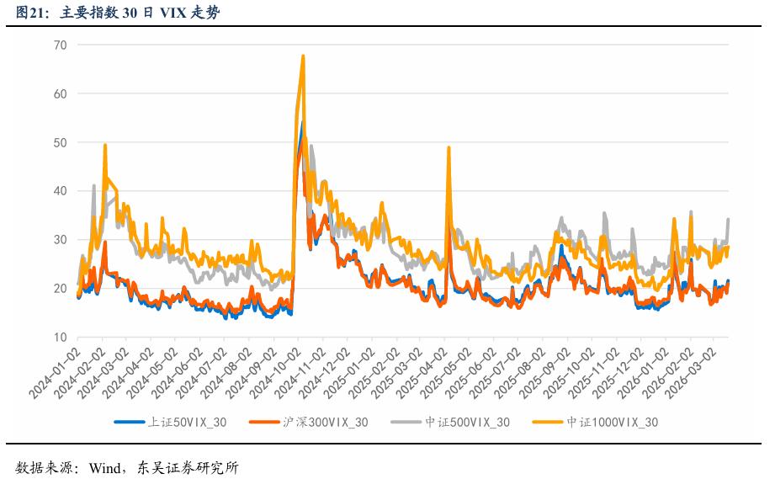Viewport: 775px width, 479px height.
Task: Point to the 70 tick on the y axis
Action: pos(60,45)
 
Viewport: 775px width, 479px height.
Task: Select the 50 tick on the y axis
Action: pos(60,142)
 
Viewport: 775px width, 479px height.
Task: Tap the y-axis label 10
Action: pos(60,338)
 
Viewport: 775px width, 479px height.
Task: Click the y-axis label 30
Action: pos(60,240)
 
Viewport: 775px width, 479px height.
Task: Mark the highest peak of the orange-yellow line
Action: pos(303,56)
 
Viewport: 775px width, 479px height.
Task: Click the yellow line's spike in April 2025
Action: pos(449,147)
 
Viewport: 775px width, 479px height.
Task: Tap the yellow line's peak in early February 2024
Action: pos(105,145)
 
